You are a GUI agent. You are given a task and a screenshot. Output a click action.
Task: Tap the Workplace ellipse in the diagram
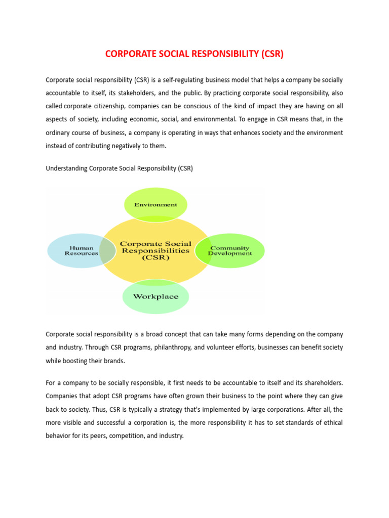coord(155,297)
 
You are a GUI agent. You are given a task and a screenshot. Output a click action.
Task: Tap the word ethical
coord(332,421)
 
